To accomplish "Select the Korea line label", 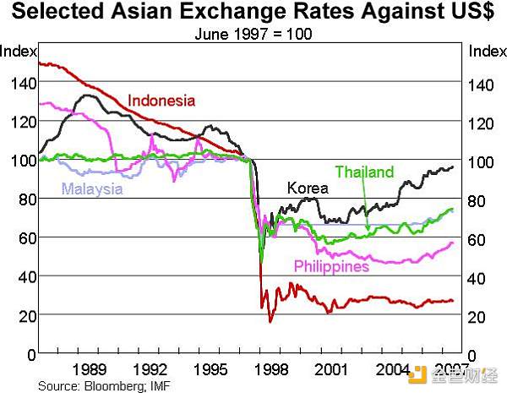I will (308, 188).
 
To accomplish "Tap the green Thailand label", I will (364, 172).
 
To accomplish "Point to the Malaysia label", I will (92, 188).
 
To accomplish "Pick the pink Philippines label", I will (331, 266).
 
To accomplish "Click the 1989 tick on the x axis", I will (89, 369).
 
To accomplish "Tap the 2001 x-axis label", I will (331, 369).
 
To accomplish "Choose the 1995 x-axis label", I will (210, 369).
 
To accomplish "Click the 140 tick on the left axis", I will (19, 83).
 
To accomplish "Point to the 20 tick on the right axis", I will (481, 316).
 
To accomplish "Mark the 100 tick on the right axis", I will (484, 161).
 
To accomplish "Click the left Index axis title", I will (18, 52).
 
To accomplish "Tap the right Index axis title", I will (487, 52).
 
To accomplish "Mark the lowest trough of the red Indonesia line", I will (270, 322).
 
